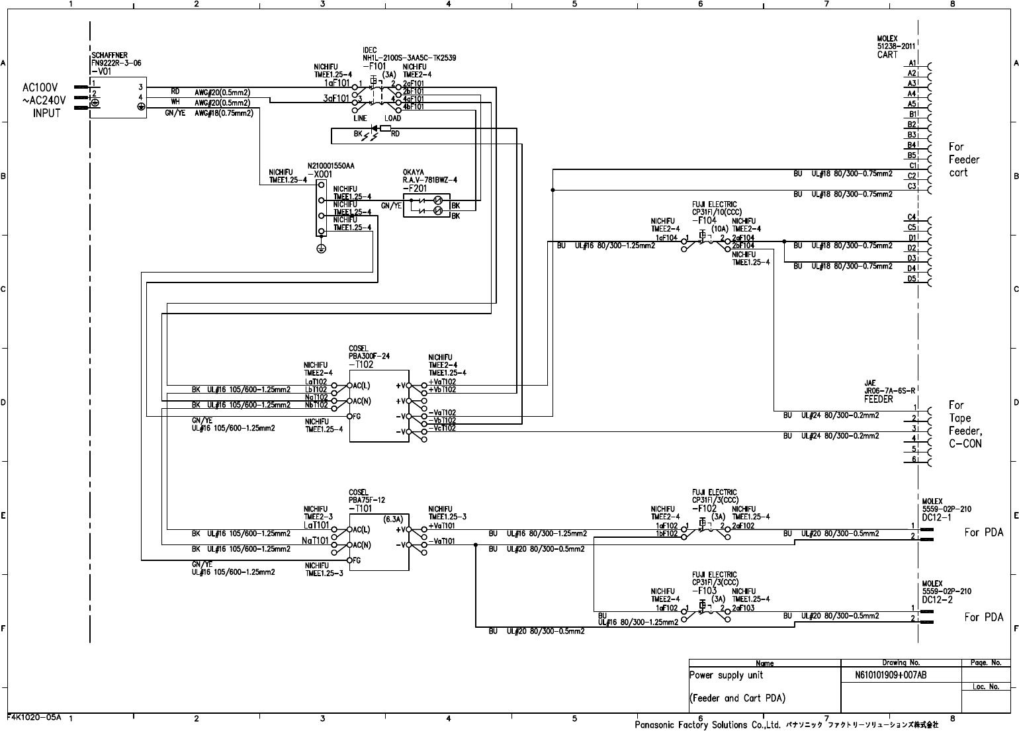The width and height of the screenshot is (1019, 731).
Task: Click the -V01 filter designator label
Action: click(x=101, y=71)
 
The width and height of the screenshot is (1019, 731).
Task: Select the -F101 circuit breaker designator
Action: click(x=374, y=66)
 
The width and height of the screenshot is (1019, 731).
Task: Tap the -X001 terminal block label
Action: click(x=320, y=173)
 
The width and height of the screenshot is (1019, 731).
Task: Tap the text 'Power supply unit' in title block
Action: click(x=726, y=675)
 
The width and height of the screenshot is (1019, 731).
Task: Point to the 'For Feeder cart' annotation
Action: click(x=963, y=159)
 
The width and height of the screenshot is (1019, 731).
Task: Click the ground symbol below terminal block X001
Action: click(x=321, y=248)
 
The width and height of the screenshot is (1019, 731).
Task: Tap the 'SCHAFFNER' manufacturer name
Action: click(x=110, y=55)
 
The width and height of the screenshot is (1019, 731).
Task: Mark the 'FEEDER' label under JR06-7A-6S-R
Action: click(x=878, y=400)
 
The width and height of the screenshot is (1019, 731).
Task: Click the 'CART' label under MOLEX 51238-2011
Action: click(x=887, y=55)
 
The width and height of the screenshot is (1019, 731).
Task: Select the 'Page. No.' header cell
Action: click(x=986, y=662)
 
